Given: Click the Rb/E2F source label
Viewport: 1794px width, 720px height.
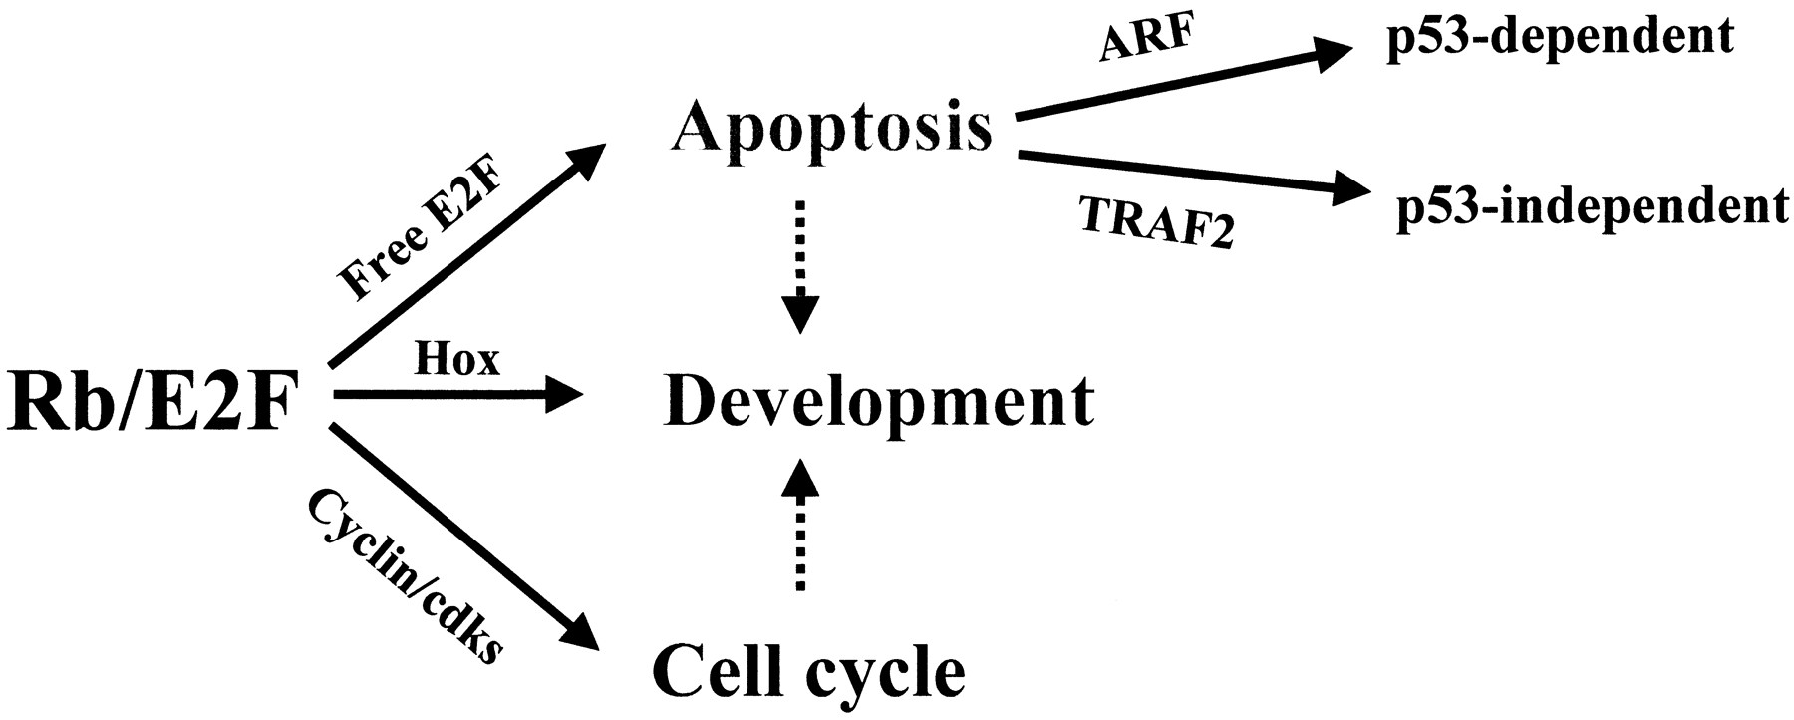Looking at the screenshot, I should click(154, 404).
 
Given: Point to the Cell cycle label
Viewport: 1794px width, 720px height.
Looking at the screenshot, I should click(808, 673).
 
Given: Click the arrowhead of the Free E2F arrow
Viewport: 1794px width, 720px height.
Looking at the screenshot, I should click(588, 158).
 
